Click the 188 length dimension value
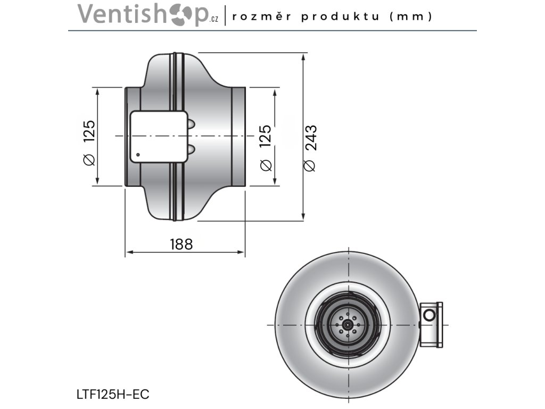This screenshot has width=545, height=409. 181,244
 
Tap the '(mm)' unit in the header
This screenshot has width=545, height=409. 410,16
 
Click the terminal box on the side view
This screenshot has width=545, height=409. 158,137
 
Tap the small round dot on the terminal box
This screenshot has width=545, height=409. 138,156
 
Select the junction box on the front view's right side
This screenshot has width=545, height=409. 431,324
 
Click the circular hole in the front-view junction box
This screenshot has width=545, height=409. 428,315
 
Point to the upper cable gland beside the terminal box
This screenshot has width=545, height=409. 190,124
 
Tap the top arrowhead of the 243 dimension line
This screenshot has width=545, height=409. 303,56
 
